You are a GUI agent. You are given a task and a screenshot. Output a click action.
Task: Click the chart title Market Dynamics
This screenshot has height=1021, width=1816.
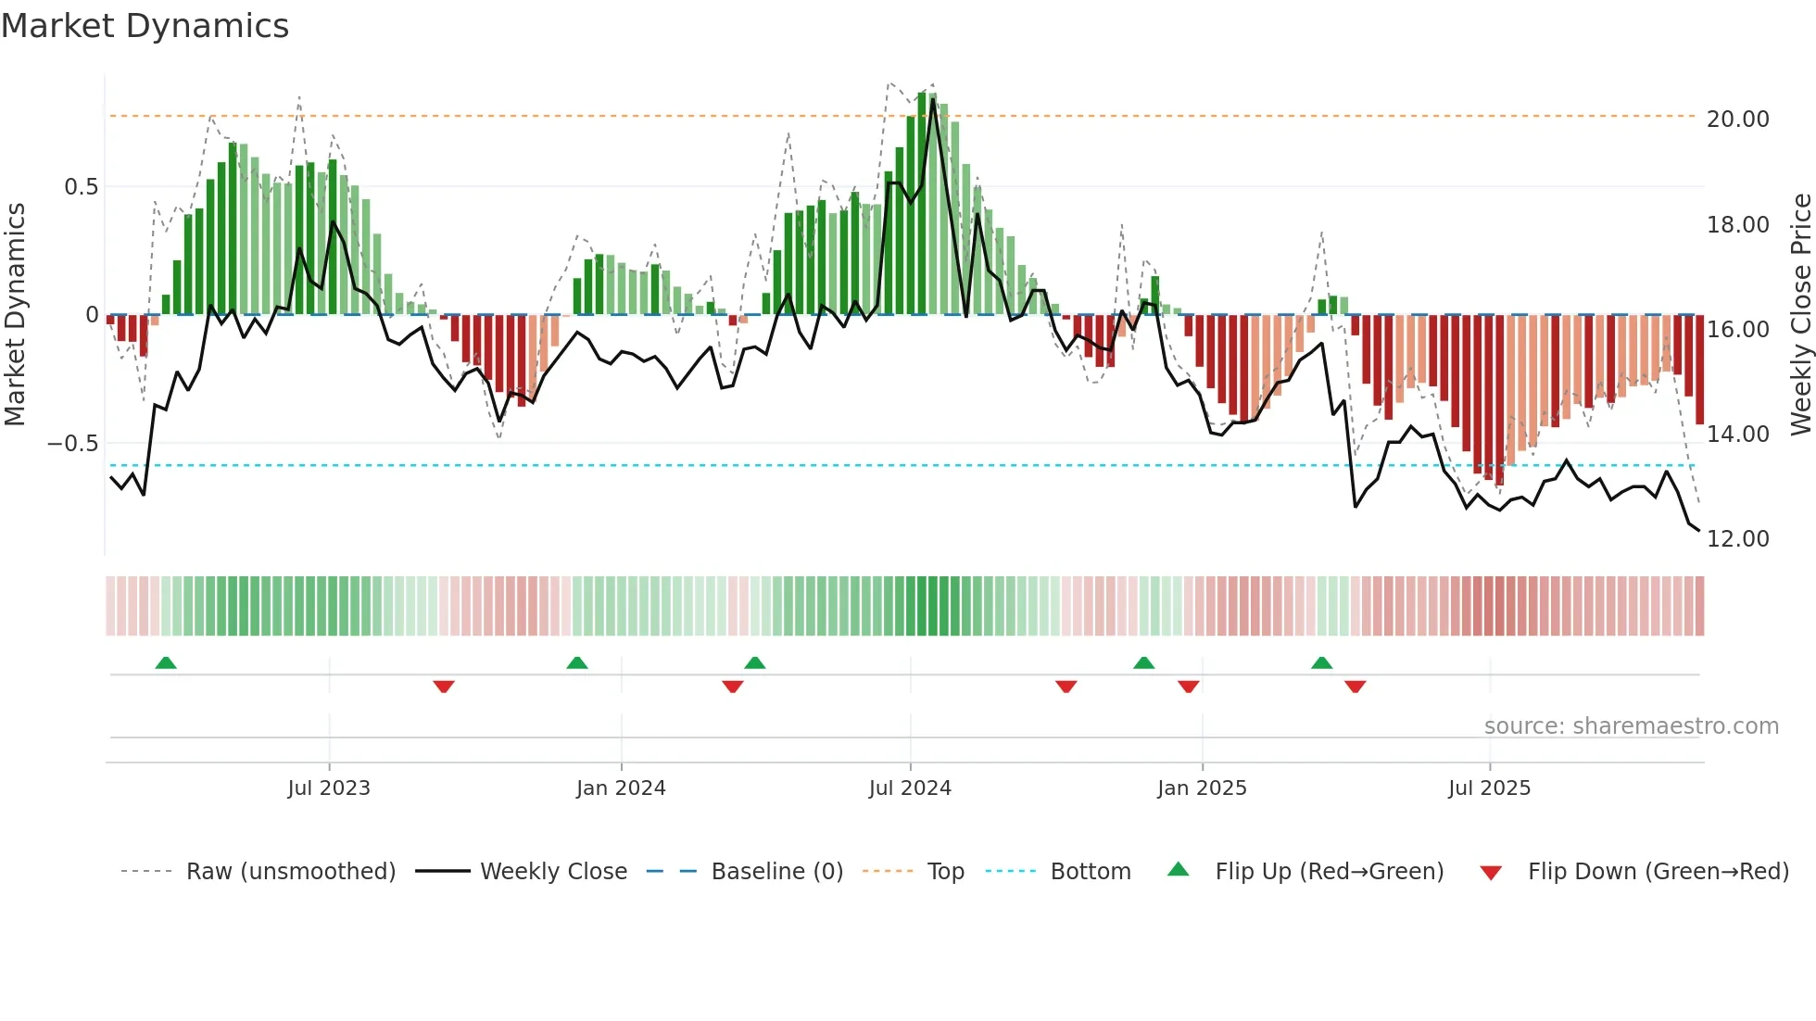point(145,26)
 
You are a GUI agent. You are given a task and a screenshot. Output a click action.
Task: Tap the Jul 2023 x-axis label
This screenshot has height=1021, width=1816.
point(329,788)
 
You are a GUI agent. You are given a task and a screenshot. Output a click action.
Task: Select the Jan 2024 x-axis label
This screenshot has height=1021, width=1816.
point(621,788)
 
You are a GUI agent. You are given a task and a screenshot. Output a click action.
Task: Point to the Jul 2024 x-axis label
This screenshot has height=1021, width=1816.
point(910,788)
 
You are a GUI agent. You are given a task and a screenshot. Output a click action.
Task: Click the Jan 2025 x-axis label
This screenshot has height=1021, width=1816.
point(1202,788)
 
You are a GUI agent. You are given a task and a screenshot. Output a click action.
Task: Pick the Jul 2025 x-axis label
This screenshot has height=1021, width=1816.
point(1489,788)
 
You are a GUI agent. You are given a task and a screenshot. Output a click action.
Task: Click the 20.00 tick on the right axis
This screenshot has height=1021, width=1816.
point(1737,120)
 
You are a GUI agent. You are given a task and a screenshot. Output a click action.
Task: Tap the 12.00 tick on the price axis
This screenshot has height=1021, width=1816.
point(1737,539)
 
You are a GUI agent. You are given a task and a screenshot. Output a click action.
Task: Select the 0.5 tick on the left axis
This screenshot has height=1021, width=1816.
point(81,187)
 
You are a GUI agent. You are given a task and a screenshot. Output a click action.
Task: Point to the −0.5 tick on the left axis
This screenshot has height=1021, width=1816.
point(73,444)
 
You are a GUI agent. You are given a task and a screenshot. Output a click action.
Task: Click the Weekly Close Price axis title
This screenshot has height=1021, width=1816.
point(1800,315)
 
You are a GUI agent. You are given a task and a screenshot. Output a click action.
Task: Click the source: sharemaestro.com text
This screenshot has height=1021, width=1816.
point(1631,726)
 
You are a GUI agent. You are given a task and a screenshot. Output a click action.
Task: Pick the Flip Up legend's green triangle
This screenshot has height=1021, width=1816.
point(1178,870)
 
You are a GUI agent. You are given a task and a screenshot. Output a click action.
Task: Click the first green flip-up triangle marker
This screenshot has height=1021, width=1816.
point(166,662)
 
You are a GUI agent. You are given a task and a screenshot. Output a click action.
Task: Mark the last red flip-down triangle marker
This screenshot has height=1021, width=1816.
point(1355,687)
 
